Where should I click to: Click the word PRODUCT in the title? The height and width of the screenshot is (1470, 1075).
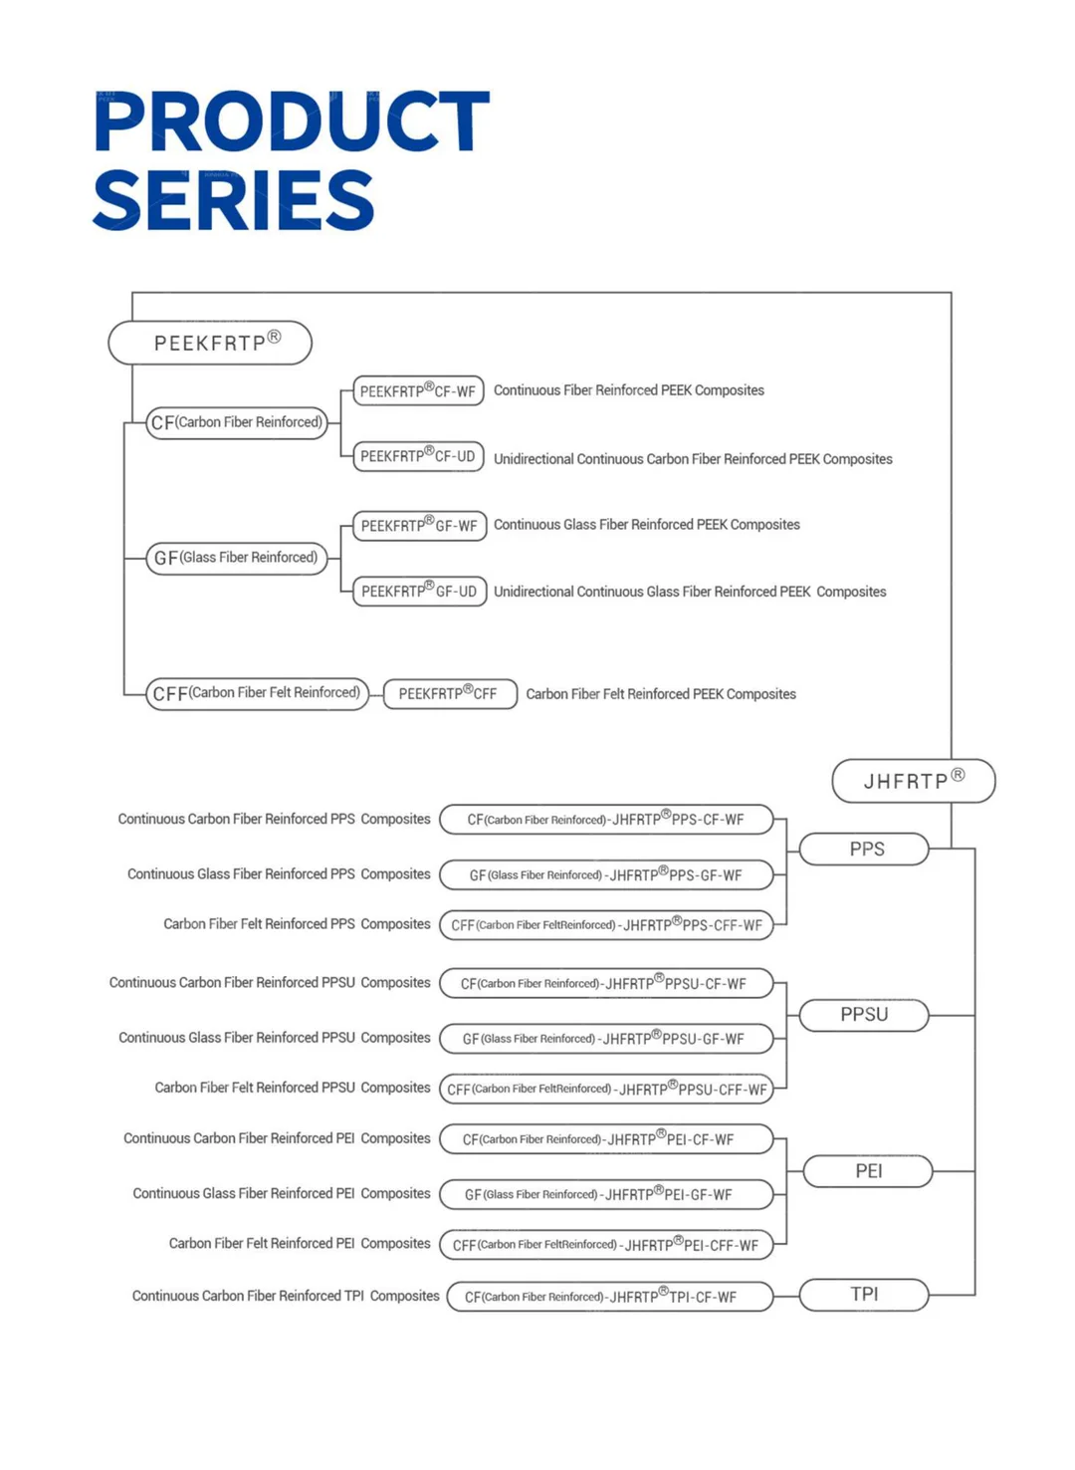(291, 122)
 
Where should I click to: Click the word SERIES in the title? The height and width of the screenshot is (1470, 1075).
(234, 200)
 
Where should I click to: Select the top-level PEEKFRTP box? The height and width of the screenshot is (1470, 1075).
(210, 343)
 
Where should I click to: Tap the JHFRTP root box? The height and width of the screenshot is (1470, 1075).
(913, 781)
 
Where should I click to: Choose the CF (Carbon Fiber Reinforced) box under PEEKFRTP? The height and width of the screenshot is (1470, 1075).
(237, 422)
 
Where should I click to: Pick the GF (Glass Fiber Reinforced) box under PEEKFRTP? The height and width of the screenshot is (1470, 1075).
(237, 558)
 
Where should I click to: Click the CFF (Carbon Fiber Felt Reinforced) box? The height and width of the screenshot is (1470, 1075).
(257, 693)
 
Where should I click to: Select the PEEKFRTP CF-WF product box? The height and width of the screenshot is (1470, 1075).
(418, 391)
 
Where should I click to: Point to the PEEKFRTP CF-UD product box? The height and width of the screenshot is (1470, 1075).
(418, 456)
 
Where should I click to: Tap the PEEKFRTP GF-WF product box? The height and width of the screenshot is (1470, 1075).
(419, 525)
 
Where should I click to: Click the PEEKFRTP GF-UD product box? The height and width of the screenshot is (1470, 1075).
(419, 591)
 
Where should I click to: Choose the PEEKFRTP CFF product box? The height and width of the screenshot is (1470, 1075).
(450, 693)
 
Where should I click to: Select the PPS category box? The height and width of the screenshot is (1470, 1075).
(865, 850)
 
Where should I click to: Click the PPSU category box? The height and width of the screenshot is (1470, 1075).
(864, 1015)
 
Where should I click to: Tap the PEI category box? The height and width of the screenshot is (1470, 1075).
(868, 1171)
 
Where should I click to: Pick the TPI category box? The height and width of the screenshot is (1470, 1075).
(864, 1295)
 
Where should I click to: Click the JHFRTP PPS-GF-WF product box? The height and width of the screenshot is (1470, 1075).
(606, 875)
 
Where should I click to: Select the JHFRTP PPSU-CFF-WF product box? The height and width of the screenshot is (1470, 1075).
(606, 1089)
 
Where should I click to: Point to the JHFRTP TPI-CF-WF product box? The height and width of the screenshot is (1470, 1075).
(609, 1297)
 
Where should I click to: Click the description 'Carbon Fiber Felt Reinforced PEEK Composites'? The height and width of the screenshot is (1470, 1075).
(661, 694)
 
